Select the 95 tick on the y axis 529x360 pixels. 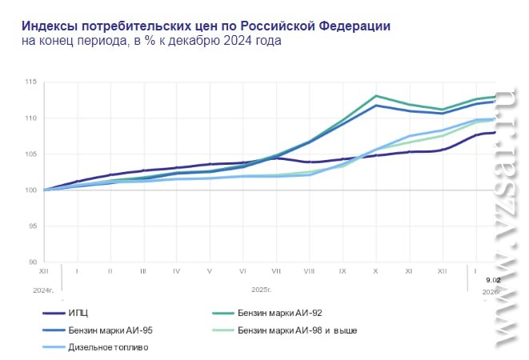click(31, 226)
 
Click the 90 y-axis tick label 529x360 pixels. click(31, 262)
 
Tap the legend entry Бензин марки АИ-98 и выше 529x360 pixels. click(297, 330)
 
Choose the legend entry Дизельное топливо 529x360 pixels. click(109, 347)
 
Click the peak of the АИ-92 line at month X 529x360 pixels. click(375, 96)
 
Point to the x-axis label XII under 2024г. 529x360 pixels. click(44, 272)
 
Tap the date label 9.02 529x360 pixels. click(493, 279)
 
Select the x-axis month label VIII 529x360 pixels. click(309, 272)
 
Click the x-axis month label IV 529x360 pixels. click(176, 272)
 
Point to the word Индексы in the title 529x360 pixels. click(47, 25)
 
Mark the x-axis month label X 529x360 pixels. click(375, 272)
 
